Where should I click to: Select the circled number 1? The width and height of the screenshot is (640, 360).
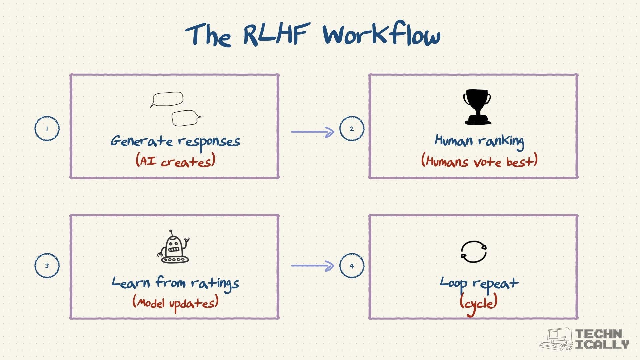point(47,128)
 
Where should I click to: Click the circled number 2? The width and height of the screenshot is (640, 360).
point(352,128)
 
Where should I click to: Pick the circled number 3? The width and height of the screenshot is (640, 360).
point(47,266)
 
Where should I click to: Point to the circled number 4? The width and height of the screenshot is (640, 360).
point(352,266)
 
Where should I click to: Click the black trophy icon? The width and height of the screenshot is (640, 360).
point(477,107)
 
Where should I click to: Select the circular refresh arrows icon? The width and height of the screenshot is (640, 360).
point(474,252)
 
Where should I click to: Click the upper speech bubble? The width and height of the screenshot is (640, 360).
point(167,99)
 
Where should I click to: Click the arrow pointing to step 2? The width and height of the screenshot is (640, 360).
point(312,132)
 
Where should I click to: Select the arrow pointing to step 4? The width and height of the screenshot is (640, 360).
point(312,266)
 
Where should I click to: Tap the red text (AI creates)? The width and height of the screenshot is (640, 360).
point(175,161)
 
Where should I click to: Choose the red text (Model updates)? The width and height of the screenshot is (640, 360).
point(175,303)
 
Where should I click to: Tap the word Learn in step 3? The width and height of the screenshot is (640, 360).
point(131,283)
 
